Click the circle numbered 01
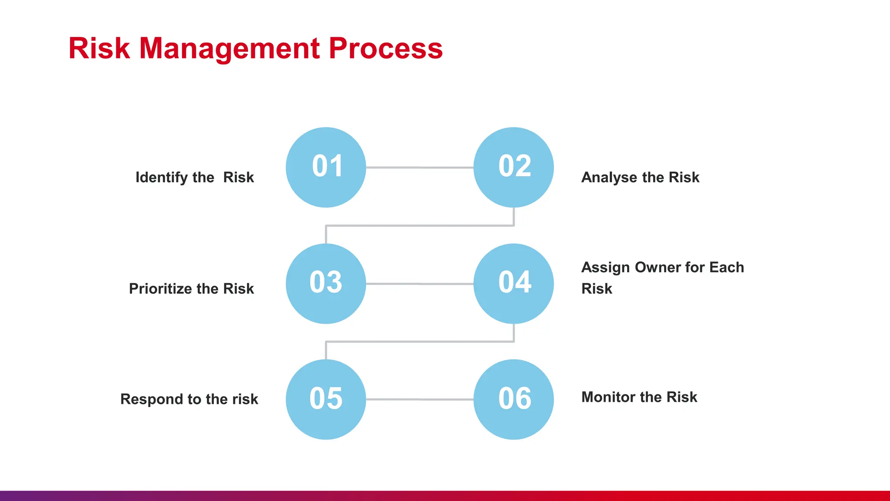(x=326, y=167)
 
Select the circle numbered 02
(x=514, y=167)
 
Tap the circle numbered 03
(x=326, y=284)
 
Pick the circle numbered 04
(x=514, y=284)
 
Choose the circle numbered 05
(x=326, y=399)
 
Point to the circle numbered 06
(x=514, y=399)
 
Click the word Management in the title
(x=229, y=48)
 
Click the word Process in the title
(x=385, y=48)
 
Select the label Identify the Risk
(x=194, y=177)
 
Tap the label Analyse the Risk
(x=640, y=177)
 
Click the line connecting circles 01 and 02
(x=419, y=167)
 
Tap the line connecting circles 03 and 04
(x=419, y=284)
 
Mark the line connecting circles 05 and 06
(x=419, y=399)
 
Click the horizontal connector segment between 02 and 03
(x=419, y=226)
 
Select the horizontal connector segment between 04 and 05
(x=419, y=342)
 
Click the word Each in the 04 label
(x=727, y=267)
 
